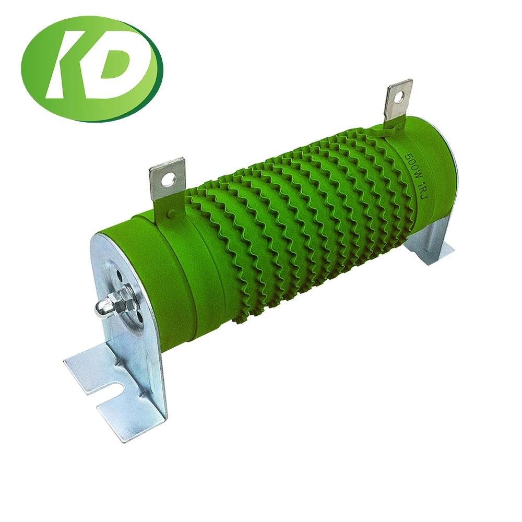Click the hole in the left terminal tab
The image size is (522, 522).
coord(168,181)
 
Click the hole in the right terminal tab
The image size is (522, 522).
coord(399,96)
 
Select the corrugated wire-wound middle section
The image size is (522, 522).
coord(298,219)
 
